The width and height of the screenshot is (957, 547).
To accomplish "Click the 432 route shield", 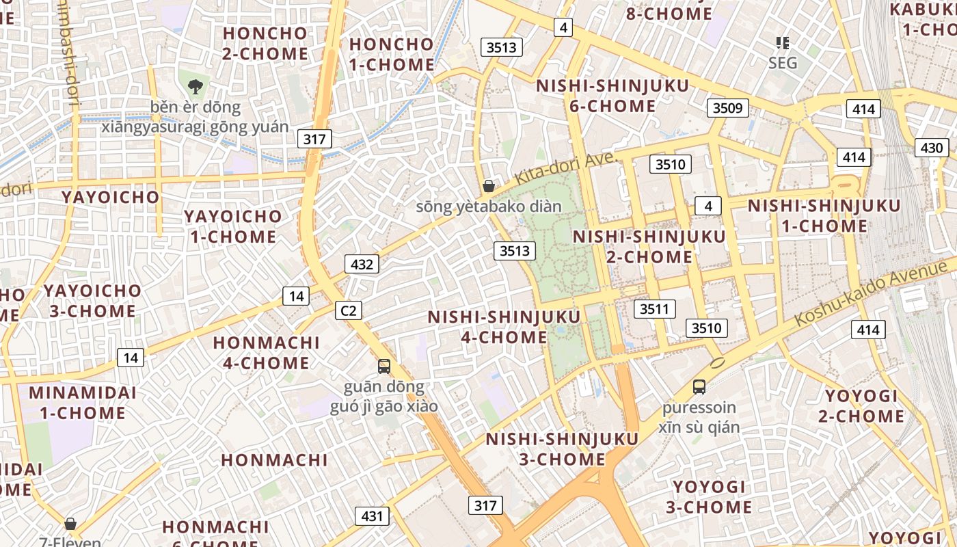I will (362, 264).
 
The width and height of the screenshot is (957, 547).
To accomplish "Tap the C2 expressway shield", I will (349, 311).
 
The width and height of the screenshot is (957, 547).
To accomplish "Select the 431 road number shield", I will (372, 516).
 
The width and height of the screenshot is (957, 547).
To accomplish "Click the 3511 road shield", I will (654, 309).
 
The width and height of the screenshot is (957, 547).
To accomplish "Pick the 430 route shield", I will (932, 148).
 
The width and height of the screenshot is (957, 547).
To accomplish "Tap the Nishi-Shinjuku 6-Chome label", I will (612, 96).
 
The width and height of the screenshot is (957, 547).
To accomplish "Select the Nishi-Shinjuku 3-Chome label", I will (562, 449).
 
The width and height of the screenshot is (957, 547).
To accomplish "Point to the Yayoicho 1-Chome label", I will (232, 226).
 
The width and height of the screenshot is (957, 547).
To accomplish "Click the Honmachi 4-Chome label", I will (267, 352).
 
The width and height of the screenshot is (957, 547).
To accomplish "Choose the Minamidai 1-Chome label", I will (82, 403).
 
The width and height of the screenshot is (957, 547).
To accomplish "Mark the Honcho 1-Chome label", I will (392, 55).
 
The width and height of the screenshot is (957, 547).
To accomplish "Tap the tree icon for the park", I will (196, 87).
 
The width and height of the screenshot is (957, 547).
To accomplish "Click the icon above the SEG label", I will (783, 43).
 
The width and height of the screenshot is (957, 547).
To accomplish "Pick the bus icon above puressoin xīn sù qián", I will (699, 387).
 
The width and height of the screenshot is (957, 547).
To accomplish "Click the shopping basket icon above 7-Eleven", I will (70, 524).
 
